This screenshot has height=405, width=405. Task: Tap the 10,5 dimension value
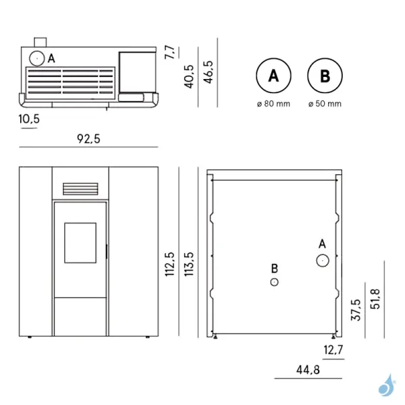tap(29, 119)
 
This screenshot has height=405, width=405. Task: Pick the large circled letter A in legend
tap(273, 76)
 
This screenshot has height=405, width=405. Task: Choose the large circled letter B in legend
tap(325, 76)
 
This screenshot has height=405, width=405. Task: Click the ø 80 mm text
tap(273, 104)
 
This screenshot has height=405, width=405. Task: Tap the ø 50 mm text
tap(325, 104)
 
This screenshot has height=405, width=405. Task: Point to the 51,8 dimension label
tap(375, 298)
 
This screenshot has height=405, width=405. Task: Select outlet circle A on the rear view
tap(323, 260)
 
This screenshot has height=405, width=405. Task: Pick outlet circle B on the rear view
tap(274, 281)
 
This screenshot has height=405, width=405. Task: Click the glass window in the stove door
tap(80, 242)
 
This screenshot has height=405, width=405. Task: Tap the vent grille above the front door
tap(80, 189)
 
